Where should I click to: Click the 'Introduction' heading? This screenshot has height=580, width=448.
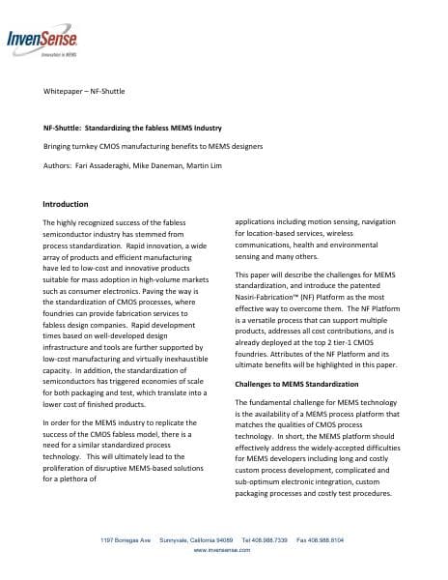[x=66, y=204]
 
